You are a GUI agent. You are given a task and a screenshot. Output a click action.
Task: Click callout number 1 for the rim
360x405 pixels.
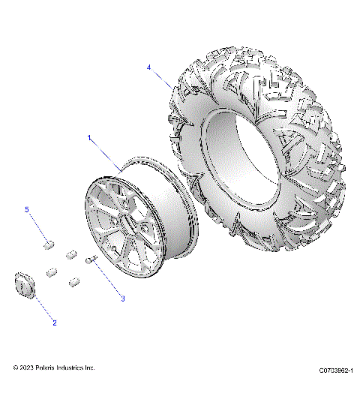(90, 138)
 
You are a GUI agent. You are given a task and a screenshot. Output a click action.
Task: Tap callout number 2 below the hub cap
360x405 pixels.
(54, 323)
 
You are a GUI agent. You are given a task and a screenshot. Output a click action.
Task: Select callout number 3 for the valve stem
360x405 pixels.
(122, 298)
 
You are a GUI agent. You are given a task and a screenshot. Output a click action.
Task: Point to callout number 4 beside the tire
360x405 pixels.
(149, 67)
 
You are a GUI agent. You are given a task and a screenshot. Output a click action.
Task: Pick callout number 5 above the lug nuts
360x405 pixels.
(28, 211)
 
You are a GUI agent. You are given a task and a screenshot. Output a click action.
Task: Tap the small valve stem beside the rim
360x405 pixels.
(92, 260)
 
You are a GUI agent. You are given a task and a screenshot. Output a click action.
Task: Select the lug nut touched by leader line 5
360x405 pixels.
(50, 243)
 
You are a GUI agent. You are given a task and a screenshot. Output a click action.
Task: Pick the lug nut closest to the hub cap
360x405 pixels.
(52, 271)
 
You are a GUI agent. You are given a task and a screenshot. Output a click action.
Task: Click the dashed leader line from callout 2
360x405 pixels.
(43, 309)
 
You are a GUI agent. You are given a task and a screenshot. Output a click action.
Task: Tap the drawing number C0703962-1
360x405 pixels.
(334, 370)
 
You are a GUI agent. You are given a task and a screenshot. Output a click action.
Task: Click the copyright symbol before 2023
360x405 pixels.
(16, 368)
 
